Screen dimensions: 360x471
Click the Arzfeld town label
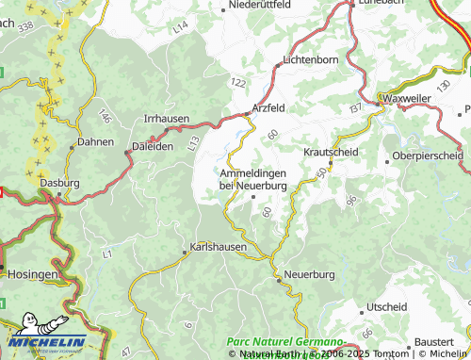point(269,108)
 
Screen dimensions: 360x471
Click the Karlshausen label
point(218,247)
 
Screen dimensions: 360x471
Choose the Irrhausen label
point(166,119)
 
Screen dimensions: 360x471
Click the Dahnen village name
point(95,142)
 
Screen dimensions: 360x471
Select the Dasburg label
point(58,184)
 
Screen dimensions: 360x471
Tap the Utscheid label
point(386,307)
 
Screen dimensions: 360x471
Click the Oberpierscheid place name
point(428,155)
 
